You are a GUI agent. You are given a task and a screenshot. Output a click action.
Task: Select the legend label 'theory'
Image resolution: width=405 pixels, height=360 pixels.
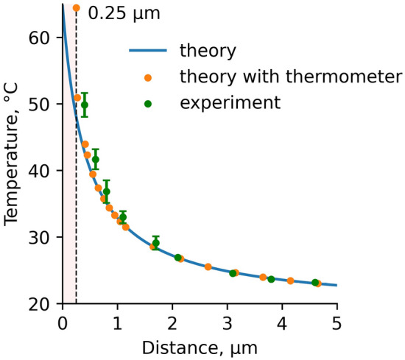(208, 52)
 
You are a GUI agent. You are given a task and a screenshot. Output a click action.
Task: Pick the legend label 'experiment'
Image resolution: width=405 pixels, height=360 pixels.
(230, 102)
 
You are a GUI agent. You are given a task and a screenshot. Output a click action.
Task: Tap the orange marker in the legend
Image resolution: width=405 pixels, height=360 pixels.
(147, 77)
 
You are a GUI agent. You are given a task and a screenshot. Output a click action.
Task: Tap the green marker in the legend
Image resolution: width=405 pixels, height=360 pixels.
(147, 102)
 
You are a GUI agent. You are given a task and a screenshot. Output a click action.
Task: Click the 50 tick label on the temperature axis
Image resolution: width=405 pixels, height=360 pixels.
(43, 104)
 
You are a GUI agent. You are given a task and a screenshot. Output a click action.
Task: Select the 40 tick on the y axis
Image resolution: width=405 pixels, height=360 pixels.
(43, 171)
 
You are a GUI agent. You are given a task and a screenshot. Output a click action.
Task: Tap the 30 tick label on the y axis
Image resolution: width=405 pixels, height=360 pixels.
(43, 237)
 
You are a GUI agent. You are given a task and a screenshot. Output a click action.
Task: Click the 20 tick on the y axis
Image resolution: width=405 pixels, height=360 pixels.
(43, 304)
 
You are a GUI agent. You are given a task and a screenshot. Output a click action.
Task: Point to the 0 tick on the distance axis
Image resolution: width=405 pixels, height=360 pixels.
(63, 322)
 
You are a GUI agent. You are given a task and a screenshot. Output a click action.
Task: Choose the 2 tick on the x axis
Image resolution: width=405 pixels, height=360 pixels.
(172, 322)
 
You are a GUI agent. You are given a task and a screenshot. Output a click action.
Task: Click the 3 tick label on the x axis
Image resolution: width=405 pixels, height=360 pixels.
(227, 322)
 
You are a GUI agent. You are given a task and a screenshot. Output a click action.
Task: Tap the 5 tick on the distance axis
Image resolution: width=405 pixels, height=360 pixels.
(337, 322)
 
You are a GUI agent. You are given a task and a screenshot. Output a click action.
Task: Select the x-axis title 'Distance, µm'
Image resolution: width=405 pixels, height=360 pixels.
(199, 345)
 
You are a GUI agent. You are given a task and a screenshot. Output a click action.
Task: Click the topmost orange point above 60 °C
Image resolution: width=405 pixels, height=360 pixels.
(77, 8)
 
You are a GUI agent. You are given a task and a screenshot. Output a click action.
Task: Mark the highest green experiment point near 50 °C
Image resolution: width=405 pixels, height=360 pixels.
(85, 105)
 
